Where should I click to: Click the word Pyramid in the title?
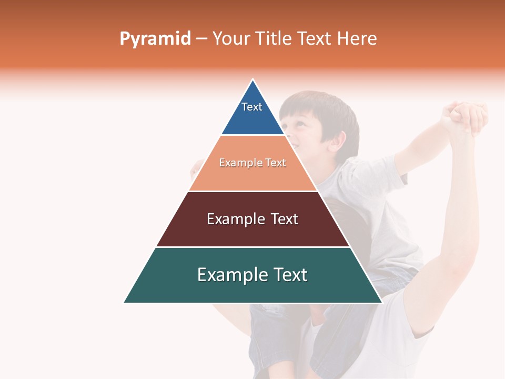click(x=155, y=39)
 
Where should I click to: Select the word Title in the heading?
click(x=273, y=38)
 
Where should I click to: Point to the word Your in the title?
click(x=230, y=38)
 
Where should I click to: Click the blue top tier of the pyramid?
click(x=252, y=118)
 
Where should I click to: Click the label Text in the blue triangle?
click(x=251, y=107)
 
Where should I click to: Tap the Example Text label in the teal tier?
click(x=252, y=275)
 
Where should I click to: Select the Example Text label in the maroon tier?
click(x=252, y=219)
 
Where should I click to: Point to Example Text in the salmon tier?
click(x=252, y=163)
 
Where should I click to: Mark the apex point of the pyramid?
click(x=253, y=80)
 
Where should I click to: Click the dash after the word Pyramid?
click(x=201, y=39)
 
